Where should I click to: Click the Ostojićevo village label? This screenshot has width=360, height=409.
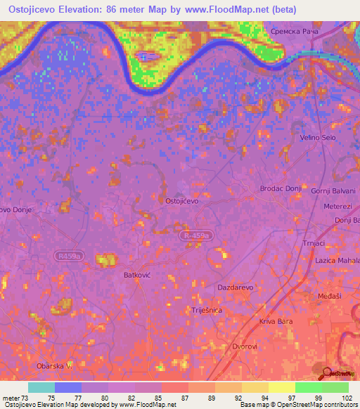click(181, 201)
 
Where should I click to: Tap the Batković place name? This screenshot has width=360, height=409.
click(138, 276)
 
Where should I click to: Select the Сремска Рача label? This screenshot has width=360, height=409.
click(294, 32)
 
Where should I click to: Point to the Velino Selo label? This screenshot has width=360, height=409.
click(317, 138)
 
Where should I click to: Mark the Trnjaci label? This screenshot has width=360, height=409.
click(313, 243)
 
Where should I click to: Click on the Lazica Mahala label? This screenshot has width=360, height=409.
click(337, 261)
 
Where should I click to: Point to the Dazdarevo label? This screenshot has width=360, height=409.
click(236, 288)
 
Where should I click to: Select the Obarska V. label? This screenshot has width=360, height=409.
click(54, 366)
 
